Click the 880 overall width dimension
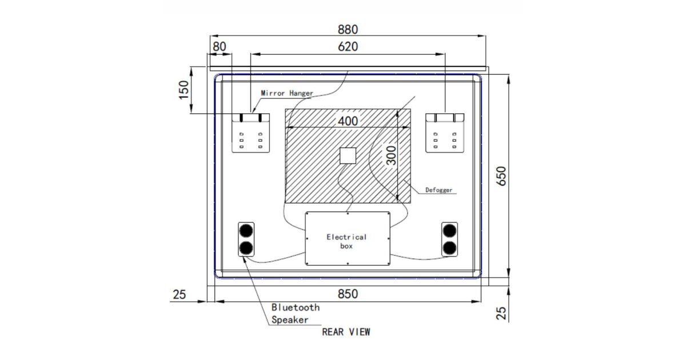tap(348, 30)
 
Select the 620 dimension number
tap(348, 46)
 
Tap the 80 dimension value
tap(220, 46)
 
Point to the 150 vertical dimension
tap(184, 90)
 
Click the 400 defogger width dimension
tap(348, 121)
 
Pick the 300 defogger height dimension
tap(391, 155)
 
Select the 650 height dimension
tap(501, 176)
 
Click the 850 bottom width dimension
tap(348, 294)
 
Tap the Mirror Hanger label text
tap(287, 93)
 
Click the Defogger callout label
tap(439, 190)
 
